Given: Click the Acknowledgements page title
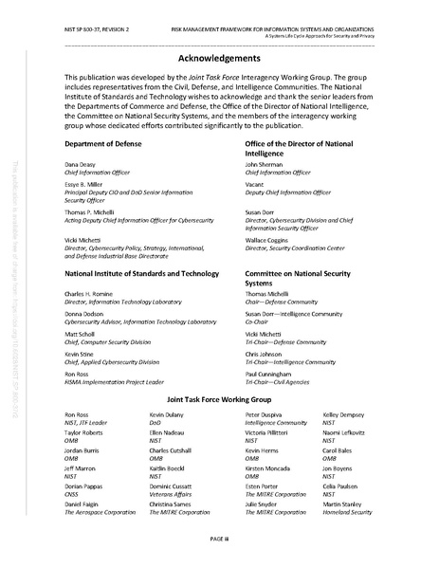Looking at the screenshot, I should [x=219, y=57].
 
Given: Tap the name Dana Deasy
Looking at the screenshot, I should [x=81, y=164].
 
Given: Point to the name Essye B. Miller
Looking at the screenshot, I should [x=86, y=187].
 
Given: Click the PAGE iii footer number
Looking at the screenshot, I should [x=219, y=539].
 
